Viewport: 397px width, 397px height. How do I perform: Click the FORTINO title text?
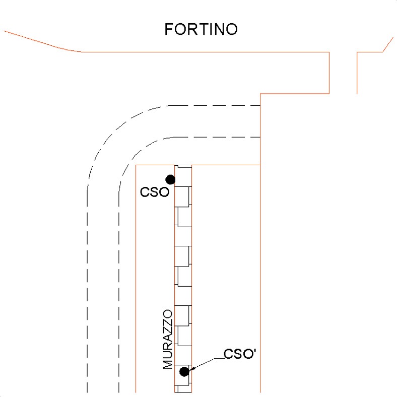point(201,29)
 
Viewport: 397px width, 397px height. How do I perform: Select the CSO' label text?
point(241,354)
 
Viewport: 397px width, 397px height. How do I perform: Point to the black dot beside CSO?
point(170,179)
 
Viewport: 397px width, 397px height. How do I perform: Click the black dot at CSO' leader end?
point(184,371)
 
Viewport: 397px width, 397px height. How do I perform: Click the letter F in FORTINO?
point(169,29)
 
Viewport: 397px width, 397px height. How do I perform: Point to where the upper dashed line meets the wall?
point(259,105)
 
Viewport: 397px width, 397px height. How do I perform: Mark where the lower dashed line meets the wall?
point(259,137)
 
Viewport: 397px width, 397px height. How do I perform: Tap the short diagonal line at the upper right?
point(387,44)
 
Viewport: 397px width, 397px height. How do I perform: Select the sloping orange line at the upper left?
point(40,41)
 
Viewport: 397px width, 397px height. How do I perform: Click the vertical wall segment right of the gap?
point(357,73)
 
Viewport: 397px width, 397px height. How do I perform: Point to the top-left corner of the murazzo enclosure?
point(137,165)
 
